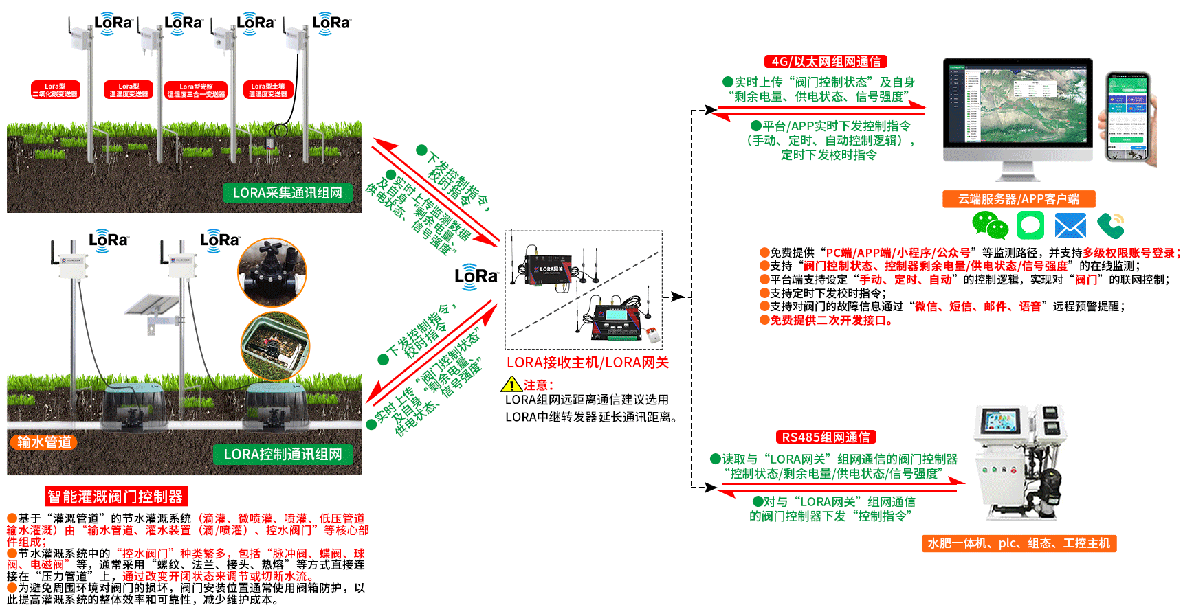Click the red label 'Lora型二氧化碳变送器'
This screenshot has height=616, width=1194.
click(56, 90)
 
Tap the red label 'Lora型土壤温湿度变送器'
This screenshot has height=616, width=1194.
click(268, 90)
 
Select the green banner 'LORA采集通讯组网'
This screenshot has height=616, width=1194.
click(287, 193)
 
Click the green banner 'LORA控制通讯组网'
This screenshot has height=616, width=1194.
click(283, 454)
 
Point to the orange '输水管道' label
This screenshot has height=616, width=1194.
click(44, 442)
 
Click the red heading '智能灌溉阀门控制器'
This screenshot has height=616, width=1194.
click(115, 497)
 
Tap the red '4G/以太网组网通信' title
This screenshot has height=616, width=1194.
click(826, 62)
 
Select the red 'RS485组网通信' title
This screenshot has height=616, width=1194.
click(826, 437)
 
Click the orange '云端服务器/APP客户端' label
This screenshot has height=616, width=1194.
click(1018, 199)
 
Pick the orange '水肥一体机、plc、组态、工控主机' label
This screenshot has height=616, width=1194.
click(1019, 543)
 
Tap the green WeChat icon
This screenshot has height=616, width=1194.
click(990, 225)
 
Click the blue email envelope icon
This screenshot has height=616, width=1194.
click(1070, 226)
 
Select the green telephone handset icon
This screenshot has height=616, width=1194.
click(1110, 225)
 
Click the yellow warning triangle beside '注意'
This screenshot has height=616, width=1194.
click(511, 385)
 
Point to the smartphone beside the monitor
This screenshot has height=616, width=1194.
click(1128, 117)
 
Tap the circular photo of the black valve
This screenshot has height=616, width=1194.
click(272, 272)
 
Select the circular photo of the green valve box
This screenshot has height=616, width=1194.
click(275, 347)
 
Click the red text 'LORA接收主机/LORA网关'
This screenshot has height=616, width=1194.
click(588, 363)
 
